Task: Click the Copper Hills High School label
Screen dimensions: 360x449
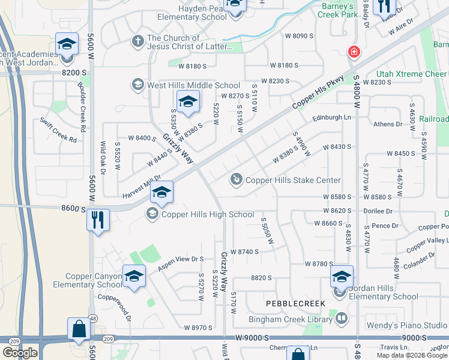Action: (x=208, y=214)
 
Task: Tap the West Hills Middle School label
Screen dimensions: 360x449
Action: (x=193, y=85)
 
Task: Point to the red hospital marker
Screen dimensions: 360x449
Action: (x=354, y=52)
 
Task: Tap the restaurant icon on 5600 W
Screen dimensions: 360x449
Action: (x=98, y=220)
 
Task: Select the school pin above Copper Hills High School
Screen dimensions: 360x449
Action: (x=161, y=192)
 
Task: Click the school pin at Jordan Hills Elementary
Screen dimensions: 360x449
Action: (x=342, y=276)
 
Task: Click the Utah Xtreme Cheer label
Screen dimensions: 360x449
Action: (x=412, y=74)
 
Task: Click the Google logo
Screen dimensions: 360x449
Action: (x=20, y=353)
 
